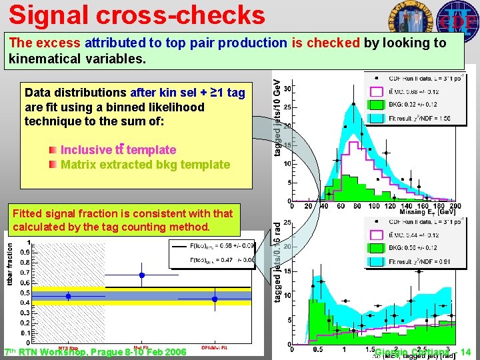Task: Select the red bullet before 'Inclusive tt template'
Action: click(53, 150)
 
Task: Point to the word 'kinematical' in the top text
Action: click(41, 59)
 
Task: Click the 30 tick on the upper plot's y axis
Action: click(286, 88)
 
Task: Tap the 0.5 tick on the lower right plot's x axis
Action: click(317, 349)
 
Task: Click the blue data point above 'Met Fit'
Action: click(141, 275)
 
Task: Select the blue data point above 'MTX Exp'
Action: click(68, 296)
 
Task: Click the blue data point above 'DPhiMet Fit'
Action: click(215, 299)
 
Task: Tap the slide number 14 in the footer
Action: click(465, 352)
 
